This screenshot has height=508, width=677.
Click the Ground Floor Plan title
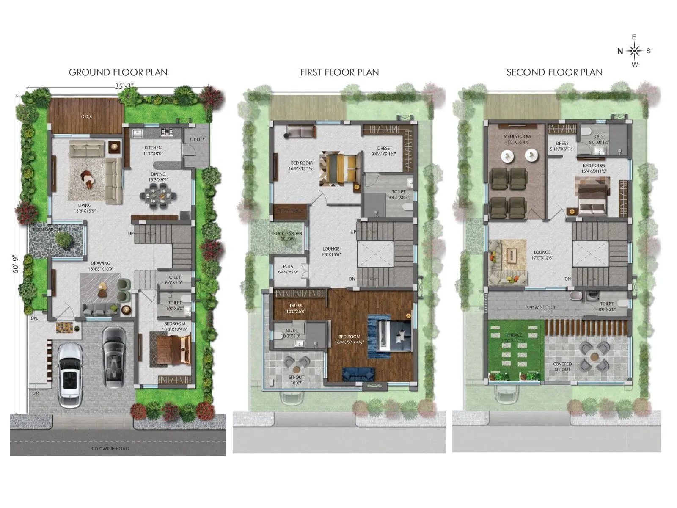pyautogui.click(x=118, y=72)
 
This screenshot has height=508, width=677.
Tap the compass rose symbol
pyautogui.click(x=634, y=51)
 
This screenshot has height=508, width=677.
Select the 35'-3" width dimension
pyautogui.click(x=124, y=86)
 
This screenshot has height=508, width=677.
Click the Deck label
pyautogui.click(x=86, y=116)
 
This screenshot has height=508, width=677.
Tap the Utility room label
pyautogui.click(x=197, y=139)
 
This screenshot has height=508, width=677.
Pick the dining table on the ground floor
pyautogui.click(x=157, y=196)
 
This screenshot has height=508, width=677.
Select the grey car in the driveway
pyautogui.click(x=113, y=357)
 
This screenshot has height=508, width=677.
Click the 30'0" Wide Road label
pyautogui.click(x=110, y=448)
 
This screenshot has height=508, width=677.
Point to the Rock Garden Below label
pyautogui.click(x=287, y=236)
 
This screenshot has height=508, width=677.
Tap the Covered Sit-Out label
pyautogui.click(x=562, y=367)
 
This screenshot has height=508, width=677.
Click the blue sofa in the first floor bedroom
pyautogui.click(x=358, y=373)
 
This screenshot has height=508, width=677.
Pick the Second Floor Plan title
pyautogui.click(x=554, y=72)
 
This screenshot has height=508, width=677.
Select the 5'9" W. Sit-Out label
pyautogui.click(x=541, y=308)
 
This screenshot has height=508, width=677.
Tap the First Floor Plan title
pyautogui.click(x=339, y=72)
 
